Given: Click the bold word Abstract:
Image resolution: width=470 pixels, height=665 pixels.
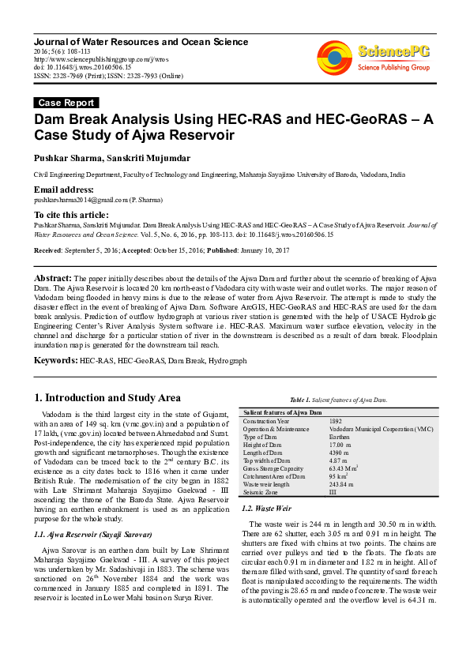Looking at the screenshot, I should tap(52, 279).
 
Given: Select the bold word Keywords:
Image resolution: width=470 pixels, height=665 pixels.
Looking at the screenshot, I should tap(55, 360).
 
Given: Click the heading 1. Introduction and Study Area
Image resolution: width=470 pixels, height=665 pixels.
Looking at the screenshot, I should tap(107, 397).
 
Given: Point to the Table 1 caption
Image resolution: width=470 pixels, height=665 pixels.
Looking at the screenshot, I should tap(338, 400).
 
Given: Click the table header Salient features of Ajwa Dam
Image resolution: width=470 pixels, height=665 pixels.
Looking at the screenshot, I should tap(282, 413).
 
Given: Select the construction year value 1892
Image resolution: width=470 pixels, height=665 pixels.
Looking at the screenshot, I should tap(336, 422).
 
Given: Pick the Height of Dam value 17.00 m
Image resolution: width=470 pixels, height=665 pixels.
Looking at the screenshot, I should tap(340, 445).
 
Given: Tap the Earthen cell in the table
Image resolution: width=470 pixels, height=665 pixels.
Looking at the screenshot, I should tap(340, 437).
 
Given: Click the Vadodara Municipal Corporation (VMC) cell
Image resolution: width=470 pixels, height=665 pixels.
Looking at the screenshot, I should tap(381, 429).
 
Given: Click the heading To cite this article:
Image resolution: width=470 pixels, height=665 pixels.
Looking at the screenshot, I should tap(70, 215).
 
